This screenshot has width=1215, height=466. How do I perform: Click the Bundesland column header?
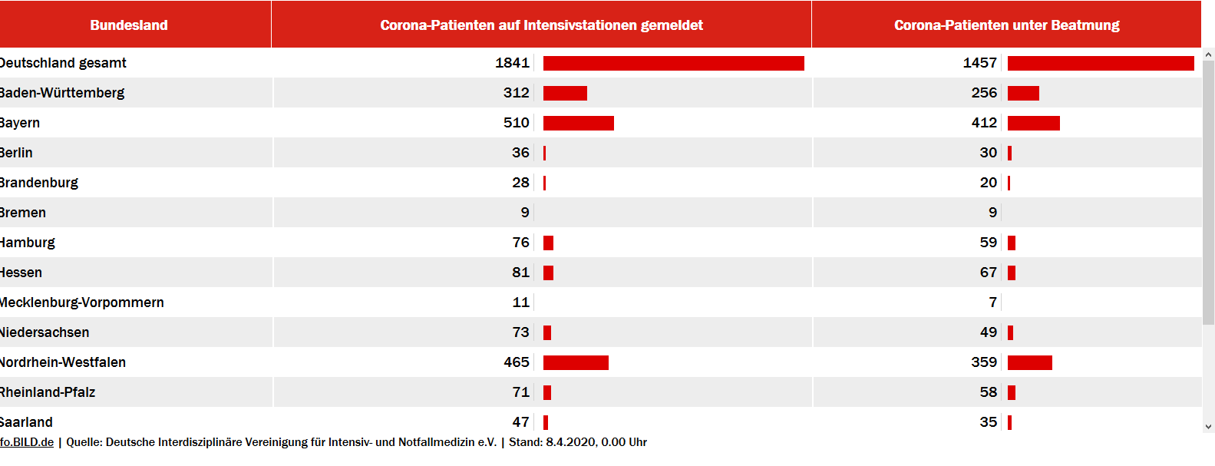click(129, 25)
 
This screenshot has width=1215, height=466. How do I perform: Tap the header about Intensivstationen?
click(541, 25)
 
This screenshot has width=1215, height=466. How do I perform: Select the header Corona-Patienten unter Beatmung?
click(1006, 25)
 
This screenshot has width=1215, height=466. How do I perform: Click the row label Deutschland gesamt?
click(64, 63)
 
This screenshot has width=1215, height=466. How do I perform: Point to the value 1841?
click(512, 63)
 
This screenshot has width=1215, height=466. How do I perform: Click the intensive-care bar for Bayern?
click(578, 123)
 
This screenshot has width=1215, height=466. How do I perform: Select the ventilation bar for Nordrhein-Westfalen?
click(1029, 362)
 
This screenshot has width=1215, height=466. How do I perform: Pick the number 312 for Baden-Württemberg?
click(516, 93)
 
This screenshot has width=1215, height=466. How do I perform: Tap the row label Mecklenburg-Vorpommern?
click(81, 302)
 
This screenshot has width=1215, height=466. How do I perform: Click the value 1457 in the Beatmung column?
click(979, 63)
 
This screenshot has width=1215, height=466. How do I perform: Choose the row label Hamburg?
click(28, 243)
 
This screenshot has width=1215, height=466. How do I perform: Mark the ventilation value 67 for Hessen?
click(988, 273)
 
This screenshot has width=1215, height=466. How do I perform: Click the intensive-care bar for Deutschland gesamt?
click(673, 63)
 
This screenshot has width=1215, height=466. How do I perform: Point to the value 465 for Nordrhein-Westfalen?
click(516, 362)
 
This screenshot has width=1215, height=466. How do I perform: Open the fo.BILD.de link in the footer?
click(27, 442)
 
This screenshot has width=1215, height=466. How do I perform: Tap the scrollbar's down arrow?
click(1208, 427)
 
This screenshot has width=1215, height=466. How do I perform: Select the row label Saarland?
click(27, 422)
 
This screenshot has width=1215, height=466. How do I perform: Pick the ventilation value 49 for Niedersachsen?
click(988, 332)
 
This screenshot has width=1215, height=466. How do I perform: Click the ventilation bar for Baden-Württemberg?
click(1023, 93)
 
